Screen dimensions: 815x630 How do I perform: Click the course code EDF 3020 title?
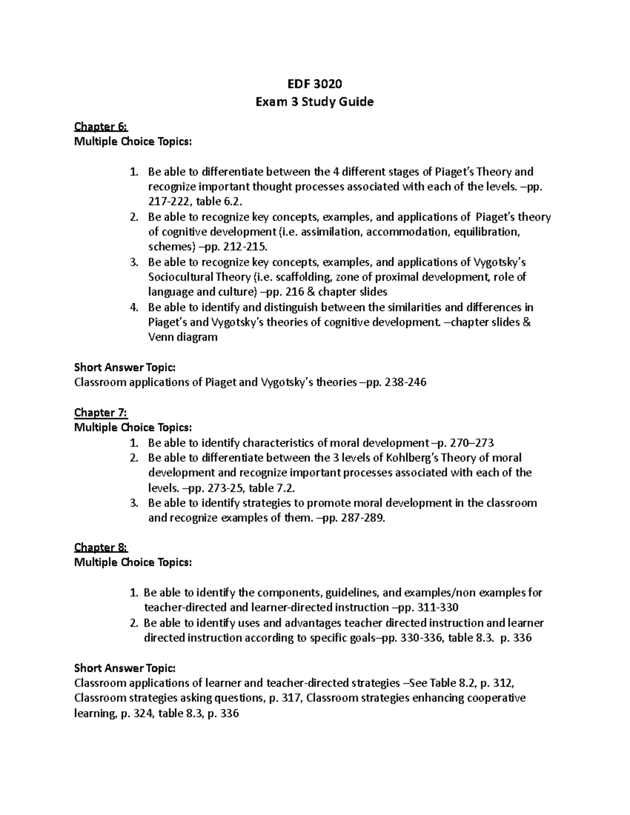(x=314, y=83)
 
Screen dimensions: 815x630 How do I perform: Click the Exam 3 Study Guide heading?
(x=314, y=102)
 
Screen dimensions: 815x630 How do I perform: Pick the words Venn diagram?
(x=183, y=337)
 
